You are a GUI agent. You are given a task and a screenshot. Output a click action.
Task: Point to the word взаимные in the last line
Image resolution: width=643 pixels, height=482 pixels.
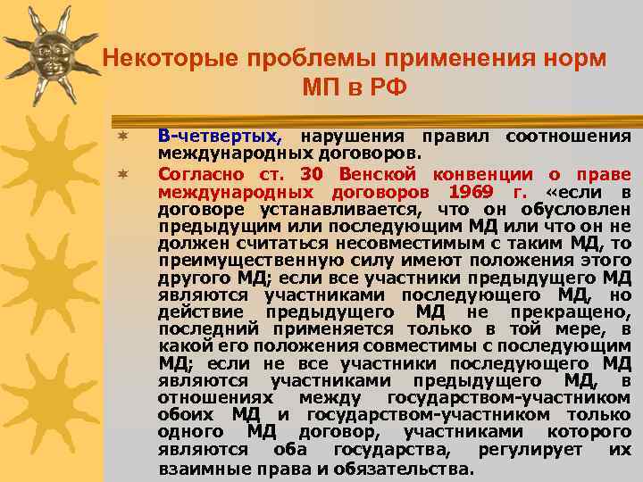click(x=195, y=469)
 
